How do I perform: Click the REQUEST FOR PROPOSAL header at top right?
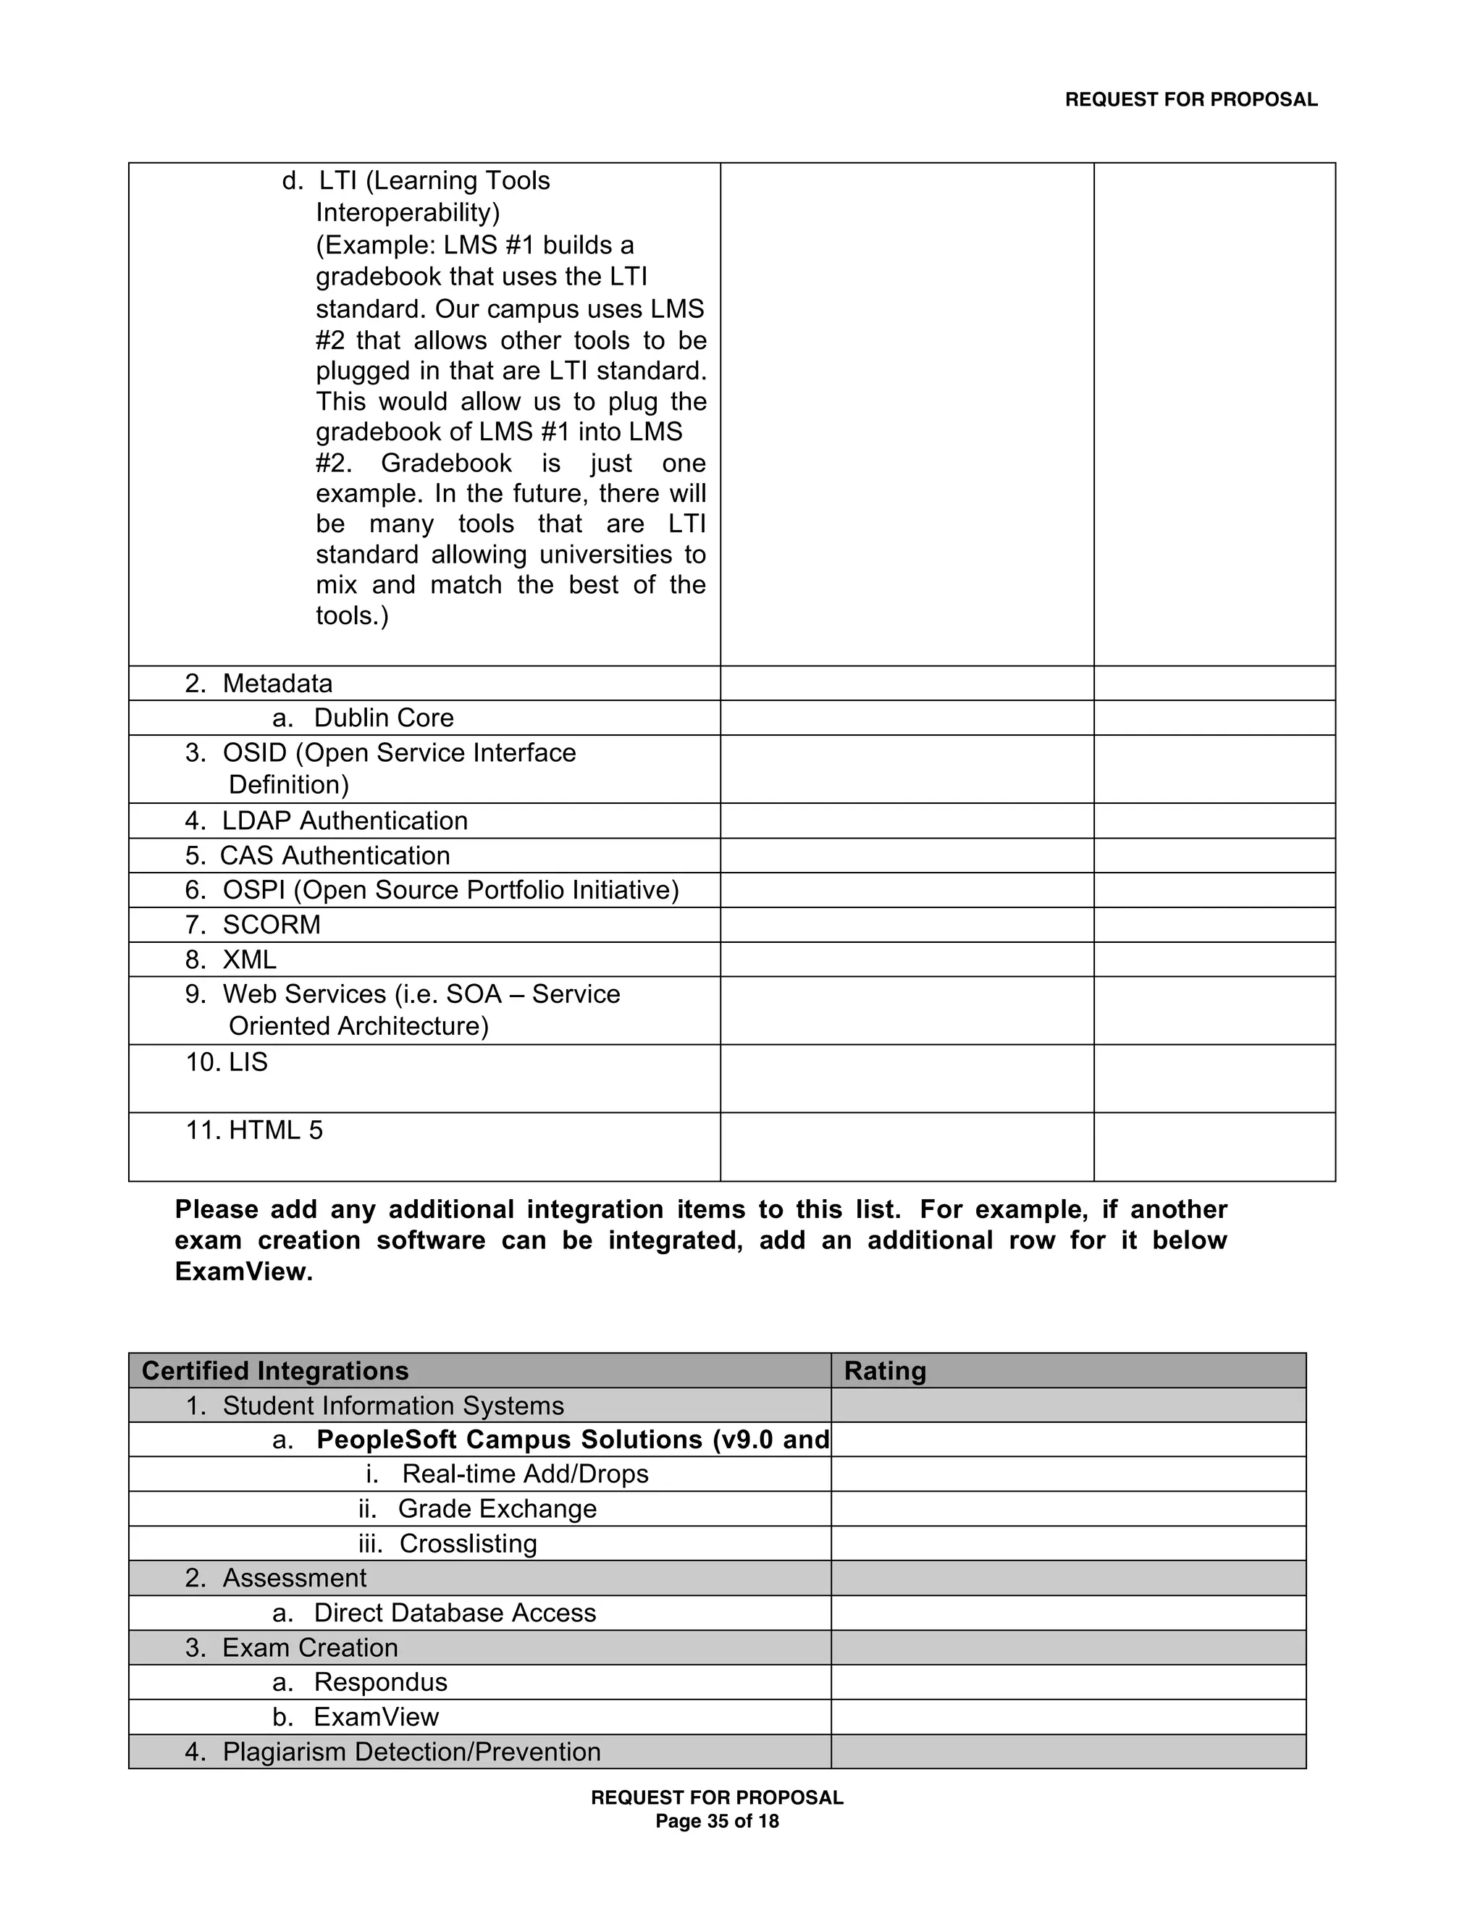pyautogui.click(x=1190, y=100)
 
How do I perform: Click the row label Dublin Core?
pyautogui.click(x=383, y=718)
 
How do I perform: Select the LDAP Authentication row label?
pyautogui.click(x=345, y=820)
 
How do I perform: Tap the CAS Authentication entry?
pyautogui.click(x=335, y=856)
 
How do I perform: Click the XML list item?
pyautogui.click(x=250, y=959)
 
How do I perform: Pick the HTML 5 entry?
pyautogui.click(x=275, y=1130)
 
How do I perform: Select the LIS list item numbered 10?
pyautogui.click(x=248, y=1062)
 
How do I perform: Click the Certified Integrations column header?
pyautogui.click(x=275, y=1371)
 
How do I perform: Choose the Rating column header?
pyautogui.click(x=885, y=1371)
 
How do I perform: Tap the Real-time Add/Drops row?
pyautogui.click(x=524, y=1474)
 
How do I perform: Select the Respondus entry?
pyautogui.click(x=380, y=1681)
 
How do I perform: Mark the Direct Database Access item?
pyautogui.click(x=454, y=1613)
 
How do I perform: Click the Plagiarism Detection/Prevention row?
pyautogui.click(x=411, y=1751)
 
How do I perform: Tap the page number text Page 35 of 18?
pyautogui.click(x=717, y=1821)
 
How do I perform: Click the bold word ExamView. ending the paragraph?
pyautogui.click(x=243, y=1272)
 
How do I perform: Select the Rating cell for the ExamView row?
pyautogui.click(x=1067, y=1717)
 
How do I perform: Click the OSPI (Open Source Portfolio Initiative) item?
pyautogui.click(x=450, y=890)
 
